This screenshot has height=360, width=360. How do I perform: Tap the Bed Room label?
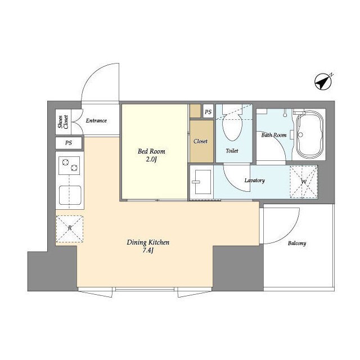point(151,151)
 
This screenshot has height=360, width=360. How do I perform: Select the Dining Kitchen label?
point(148,242)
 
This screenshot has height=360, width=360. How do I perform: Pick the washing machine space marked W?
point(304,182)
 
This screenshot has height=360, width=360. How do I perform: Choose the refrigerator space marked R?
point(70,229)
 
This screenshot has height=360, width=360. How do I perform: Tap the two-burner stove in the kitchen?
point(69,165)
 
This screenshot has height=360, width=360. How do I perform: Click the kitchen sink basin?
point(70,195)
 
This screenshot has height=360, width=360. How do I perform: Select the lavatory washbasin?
point(202,182)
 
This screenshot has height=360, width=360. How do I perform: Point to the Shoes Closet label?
point(63,122)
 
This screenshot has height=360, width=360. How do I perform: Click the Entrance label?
point(96,120)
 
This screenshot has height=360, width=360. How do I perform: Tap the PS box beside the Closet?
point(208,111)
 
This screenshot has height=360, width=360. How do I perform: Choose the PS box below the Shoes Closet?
point(69,143)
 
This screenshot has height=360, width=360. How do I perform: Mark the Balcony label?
point(297,243)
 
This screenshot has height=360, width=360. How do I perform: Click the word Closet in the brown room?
point(200,141)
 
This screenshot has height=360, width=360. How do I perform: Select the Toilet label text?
point(232,151)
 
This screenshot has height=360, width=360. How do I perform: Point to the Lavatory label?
point(255,181)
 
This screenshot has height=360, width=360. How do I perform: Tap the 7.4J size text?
point(148,250)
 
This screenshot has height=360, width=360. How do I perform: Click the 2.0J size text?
point(151,159)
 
